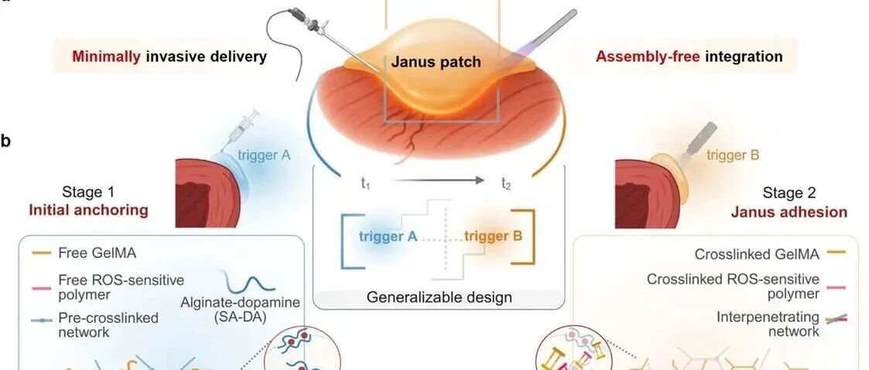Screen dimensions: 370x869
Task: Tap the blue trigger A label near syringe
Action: [x=264, y=156]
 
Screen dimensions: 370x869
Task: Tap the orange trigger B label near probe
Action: [x=733, y=155]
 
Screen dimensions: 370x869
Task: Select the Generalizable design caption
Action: [x=439, y=296]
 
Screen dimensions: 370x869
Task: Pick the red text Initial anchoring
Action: [x=88, y=211]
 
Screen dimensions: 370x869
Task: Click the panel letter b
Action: [x=6, y=142]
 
